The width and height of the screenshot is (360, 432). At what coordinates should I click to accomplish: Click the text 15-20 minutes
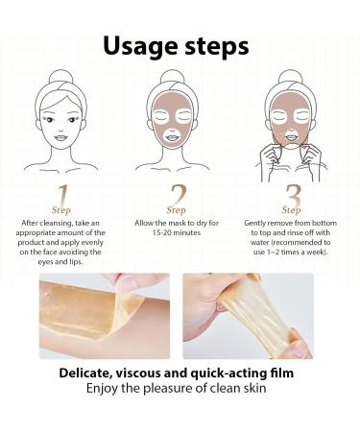point(177,231)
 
